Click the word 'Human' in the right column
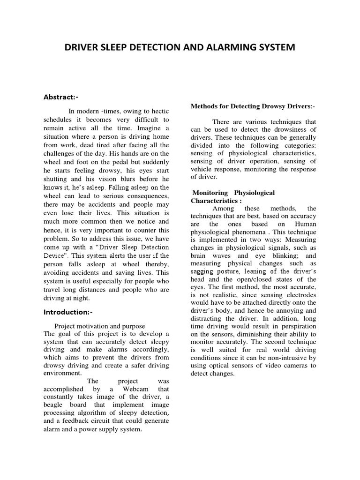[305, 224]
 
